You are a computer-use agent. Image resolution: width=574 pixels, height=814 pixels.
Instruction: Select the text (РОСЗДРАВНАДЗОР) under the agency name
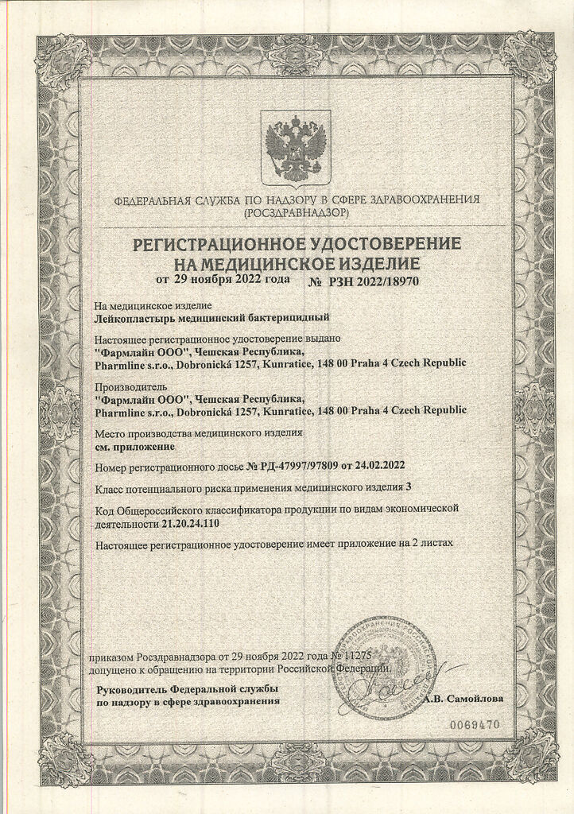coord(296,213)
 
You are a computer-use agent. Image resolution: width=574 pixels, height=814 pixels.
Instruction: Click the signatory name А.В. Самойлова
coord(464,700)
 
